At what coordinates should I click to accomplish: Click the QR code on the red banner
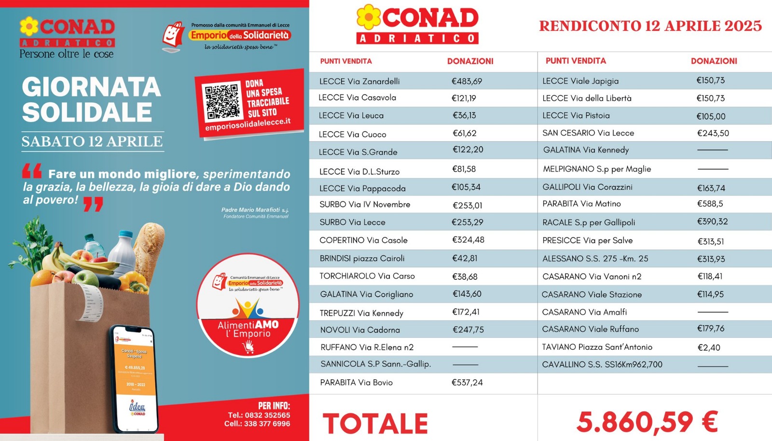(222, 102)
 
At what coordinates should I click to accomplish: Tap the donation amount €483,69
(467, 81)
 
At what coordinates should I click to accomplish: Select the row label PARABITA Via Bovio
(356, 382)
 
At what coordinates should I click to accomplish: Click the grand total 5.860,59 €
(647, 422)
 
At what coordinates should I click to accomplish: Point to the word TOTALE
(375, 424)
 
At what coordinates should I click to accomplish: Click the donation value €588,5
(710, 204)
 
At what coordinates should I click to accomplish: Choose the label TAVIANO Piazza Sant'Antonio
(597, 347)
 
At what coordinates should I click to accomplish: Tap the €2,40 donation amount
(709, 347)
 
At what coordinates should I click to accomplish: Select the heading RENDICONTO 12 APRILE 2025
(650, 26)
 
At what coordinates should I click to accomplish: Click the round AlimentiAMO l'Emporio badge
(248, 305)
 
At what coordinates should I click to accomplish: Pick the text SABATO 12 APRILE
(92, 141)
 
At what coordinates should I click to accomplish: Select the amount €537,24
(467, 382)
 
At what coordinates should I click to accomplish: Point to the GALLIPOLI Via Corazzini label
(587, 187)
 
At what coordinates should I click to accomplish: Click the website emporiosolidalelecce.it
(248, 124)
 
